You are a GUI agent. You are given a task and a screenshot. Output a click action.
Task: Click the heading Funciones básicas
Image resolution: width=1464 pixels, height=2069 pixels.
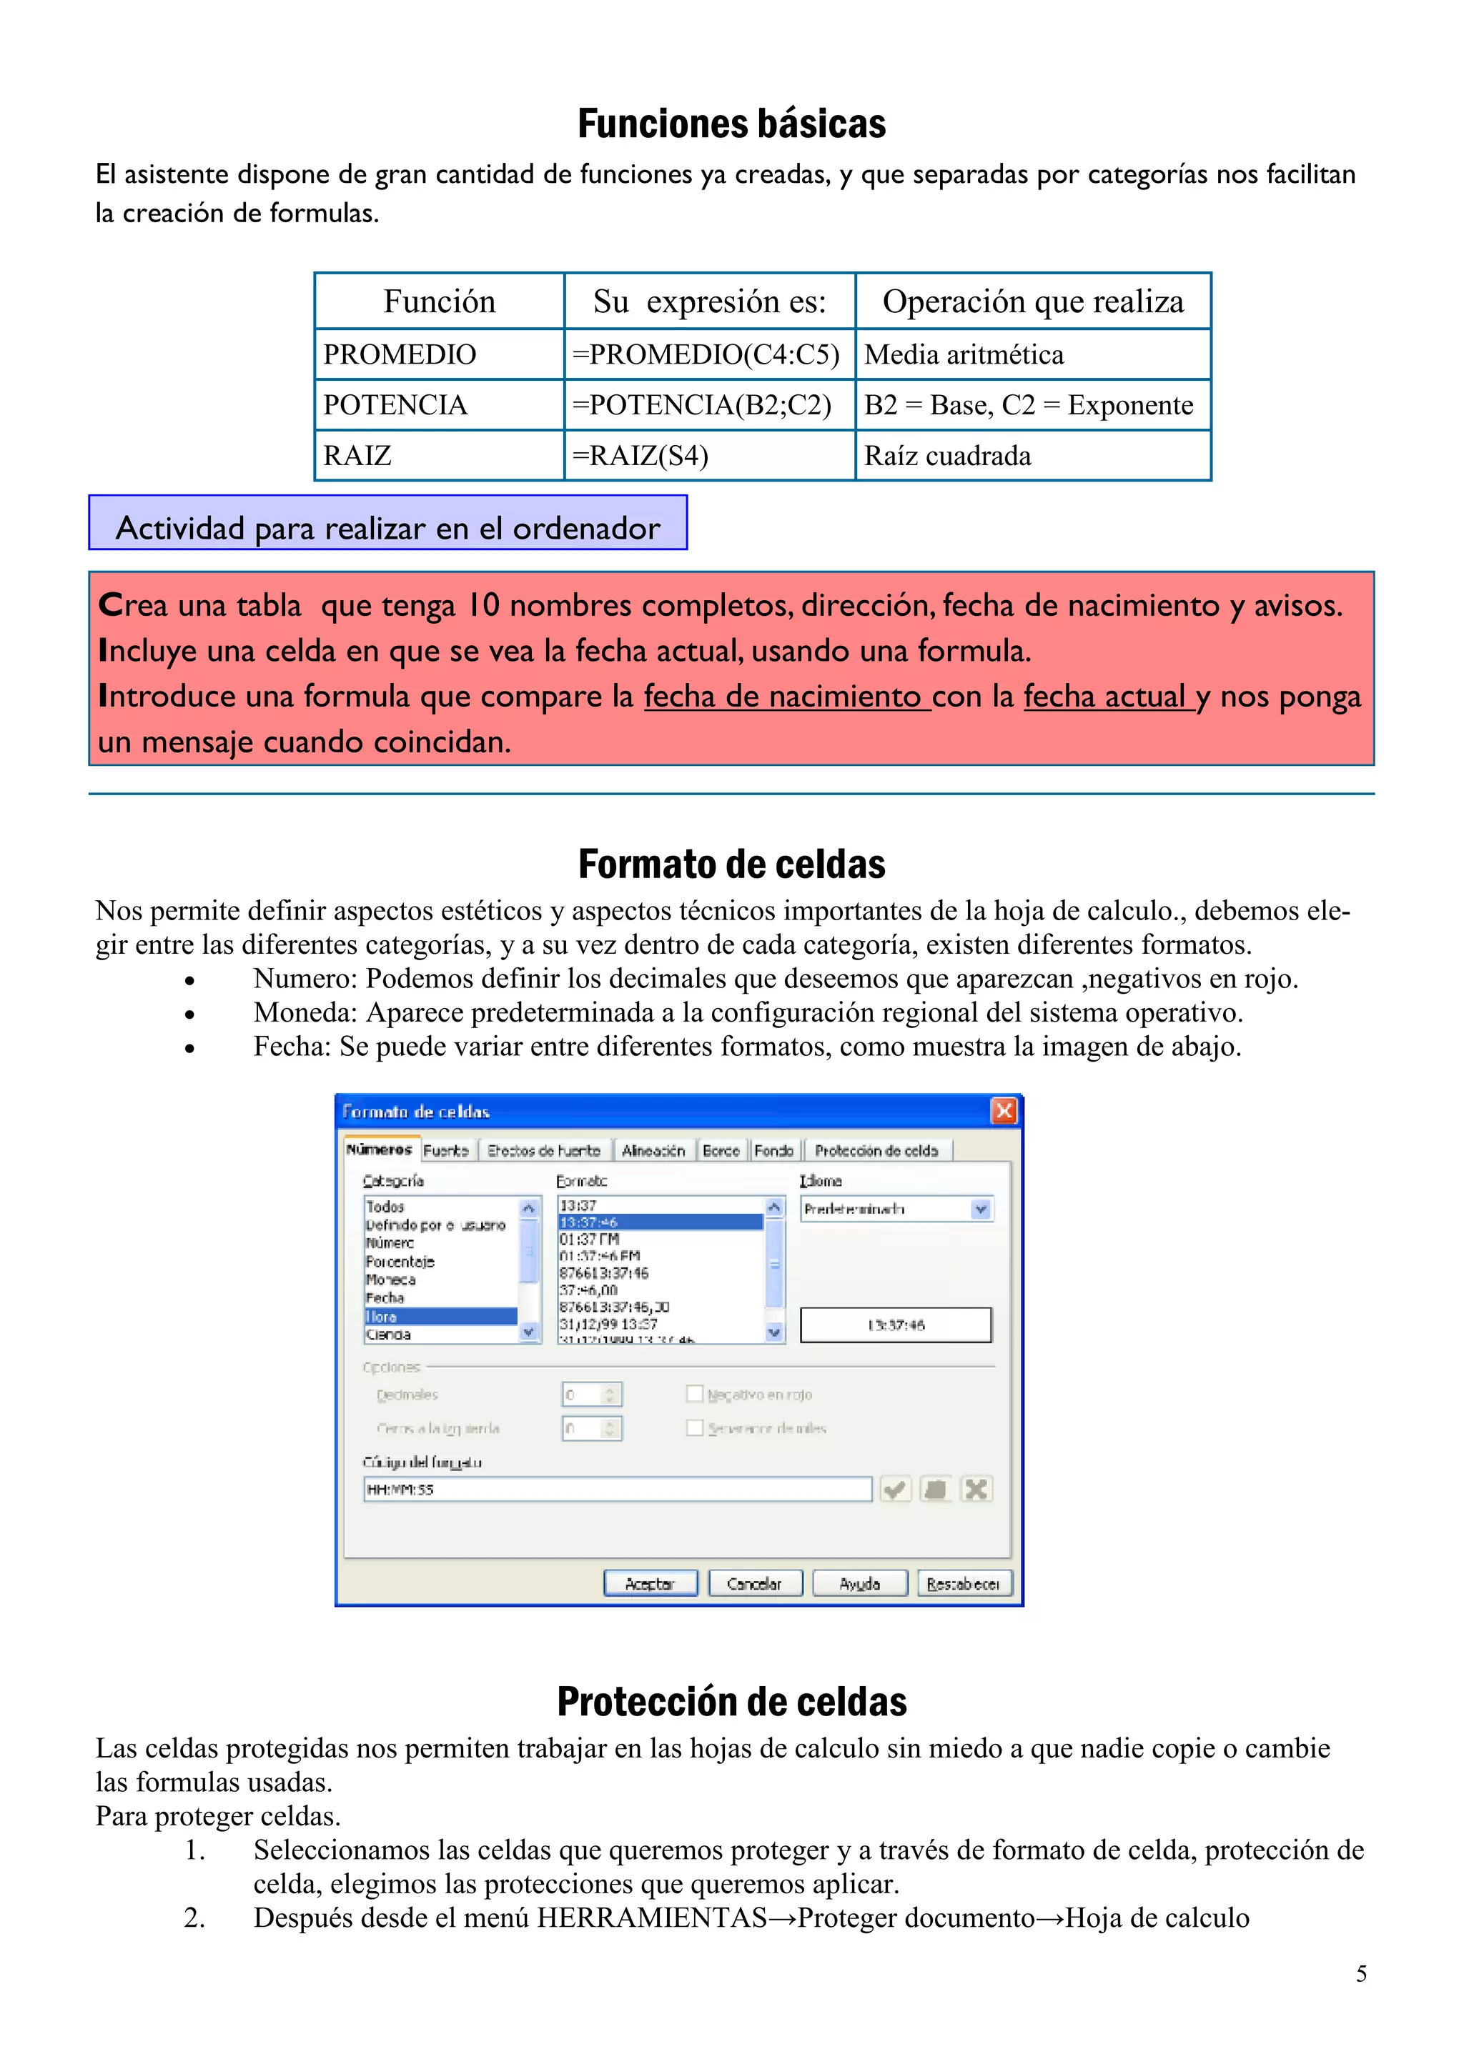click(x=731, y=124)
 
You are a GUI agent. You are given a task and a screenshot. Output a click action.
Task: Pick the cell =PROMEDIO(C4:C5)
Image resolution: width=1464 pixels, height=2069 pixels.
click(x=706, y=355)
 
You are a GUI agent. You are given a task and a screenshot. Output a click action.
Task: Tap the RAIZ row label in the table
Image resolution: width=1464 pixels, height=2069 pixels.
click(x=358, y=456)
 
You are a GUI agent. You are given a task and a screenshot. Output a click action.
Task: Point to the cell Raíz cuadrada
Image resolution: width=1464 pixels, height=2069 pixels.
click(x=947, y=456)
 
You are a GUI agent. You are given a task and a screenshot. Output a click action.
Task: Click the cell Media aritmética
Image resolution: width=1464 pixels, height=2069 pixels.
click(x=964, y=355)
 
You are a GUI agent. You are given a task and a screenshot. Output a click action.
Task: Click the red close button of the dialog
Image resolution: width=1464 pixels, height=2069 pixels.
click(x=1004, y=1111)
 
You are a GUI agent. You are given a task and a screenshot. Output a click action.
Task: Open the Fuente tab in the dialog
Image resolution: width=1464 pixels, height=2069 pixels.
click(x=446, y=1151)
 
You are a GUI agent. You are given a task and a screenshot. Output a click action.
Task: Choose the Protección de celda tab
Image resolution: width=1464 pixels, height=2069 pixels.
click(x=876, y=1151)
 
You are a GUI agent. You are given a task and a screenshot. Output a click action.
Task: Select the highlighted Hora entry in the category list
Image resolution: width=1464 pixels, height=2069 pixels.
click(x=440, y=1317)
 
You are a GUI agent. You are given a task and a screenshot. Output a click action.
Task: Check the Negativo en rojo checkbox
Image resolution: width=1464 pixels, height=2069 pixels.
click(x=694, y=1394)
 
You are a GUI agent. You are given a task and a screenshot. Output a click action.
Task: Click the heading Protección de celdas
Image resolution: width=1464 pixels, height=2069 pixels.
click(x=731, y=1702)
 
